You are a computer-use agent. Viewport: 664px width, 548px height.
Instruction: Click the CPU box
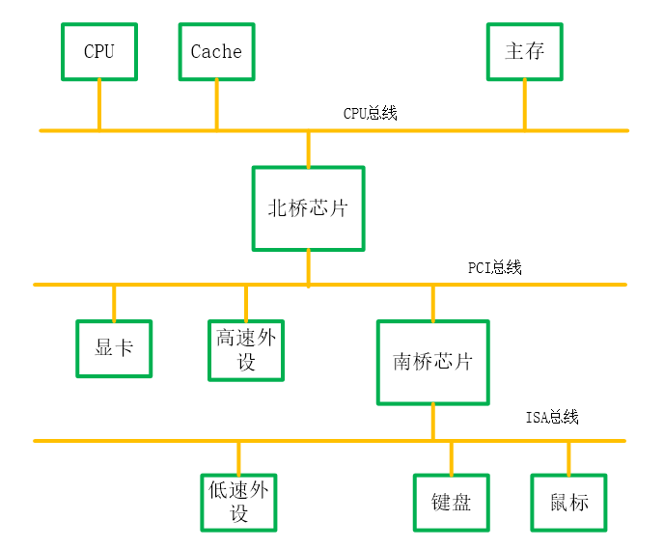pos(98,51)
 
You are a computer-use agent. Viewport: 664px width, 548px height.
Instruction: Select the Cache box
pos(216,51)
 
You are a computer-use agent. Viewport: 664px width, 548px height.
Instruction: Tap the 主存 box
pos(525,51)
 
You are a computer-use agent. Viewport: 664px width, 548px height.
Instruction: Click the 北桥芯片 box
pos(308,208)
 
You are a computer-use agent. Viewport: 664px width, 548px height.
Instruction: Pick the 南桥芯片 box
pos(432,362)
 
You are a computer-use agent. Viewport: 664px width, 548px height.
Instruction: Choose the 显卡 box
pos(114,348)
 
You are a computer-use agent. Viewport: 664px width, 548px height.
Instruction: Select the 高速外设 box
pos(246,349)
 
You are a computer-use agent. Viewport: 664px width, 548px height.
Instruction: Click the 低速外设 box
pos(238,502)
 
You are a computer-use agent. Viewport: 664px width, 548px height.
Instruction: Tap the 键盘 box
pos(451,503)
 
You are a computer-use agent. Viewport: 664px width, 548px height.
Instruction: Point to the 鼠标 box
pos(568,503)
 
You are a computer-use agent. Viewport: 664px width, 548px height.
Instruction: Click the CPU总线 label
pos(371,114)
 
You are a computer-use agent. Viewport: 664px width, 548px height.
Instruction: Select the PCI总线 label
pos(494,268)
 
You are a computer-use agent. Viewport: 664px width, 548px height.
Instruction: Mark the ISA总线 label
pos(552,418)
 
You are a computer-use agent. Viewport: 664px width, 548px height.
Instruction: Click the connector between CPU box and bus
pos(98,104)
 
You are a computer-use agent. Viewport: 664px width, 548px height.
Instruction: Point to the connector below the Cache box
pos(216,104)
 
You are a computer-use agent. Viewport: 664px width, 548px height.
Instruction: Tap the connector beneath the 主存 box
pos(525,104)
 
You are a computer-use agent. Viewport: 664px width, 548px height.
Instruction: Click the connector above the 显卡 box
pos(114,302)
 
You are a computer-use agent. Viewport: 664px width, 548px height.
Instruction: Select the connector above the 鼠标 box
pos(568,457)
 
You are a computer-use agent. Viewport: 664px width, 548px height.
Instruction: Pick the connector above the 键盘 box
pos(451,457)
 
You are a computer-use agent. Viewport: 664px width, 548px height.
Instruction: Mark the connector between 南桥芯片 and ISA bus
pos(432,422)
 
